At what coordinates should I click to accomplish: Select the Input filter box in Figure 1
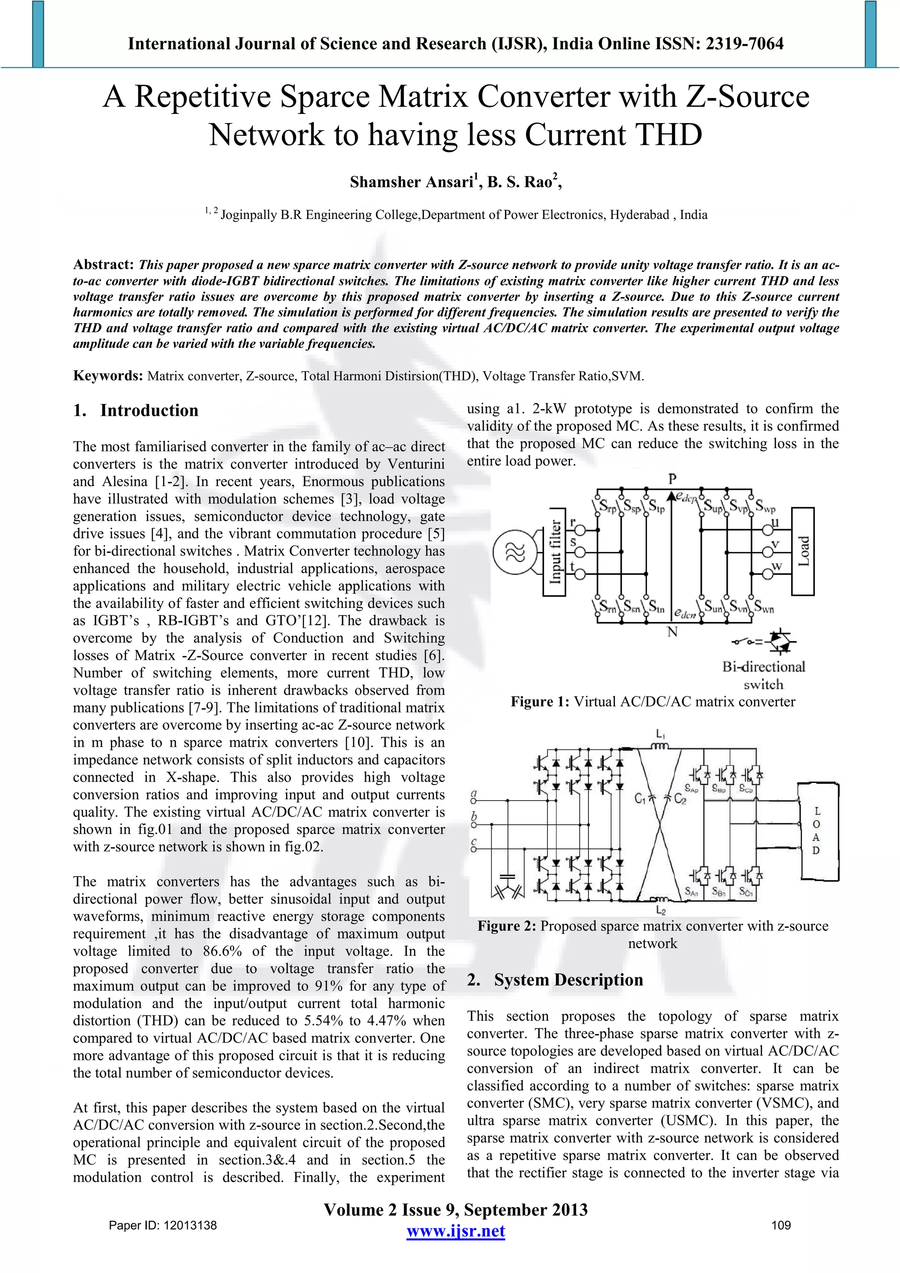click(x=554, y=552)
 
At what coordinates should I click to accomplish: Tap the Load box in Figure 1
click(x=803, y=551)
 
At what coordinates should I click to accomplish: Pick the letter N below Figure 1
click(x=672, y=632)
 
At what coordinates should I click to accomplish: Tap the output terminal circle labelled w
click(x=768, y=574)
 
